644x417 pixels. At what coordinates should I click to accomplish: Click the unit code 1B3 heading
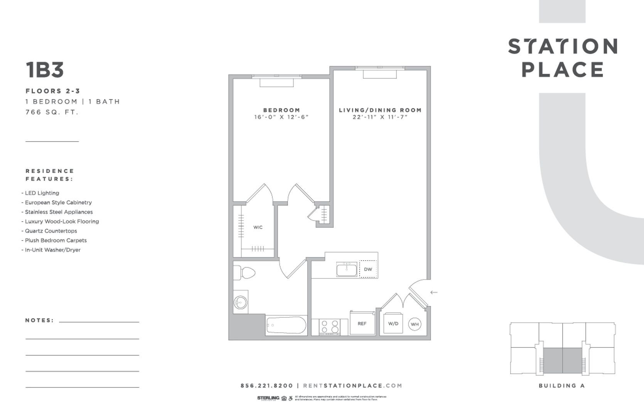pos(45,70)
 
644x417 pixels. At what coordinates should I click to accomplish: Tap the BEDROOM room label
pos(282,110)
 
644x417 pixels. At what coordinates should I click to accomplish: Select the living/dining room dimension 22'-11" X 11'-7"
pos(380,117)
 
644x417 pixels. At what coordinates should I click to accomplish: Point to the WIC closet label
pos(258,227)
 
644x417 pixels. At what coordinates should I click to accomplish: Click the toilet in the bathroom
pos(245,273)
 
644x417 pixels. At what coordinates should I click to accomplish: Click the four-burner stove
pos(330,327)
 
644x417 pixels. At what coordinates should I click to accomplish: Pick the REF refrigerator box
pos(362,323)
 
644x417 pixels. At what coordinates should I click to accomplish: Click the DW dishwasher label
pos(368,269)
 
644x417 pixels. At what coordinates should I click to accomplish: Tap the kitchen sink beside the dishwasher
pos(347,270)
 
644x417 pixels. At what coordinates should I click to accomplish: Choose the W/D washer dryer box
pos(393,324)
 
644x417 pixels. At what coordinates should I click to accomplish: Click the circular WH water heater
pos(415,324)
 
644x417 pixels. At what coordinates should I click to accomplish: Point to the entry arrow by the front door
pos(434,292)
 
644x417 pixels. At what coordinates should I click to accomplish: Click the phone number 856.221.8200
pos(266,385)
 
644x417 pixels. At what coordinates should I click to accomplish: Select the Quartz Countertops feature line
pos(51,231)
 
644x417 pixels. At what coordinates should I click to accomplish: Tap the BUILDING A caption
pos(562,385)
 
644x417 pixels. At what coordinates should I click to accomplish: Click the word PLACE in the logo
pos(563,69)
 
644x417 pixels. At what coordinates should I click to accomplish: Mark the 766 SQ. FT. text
pos(52,112)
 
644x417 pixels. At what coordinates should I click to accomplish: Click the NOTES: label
pos(39,320)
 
